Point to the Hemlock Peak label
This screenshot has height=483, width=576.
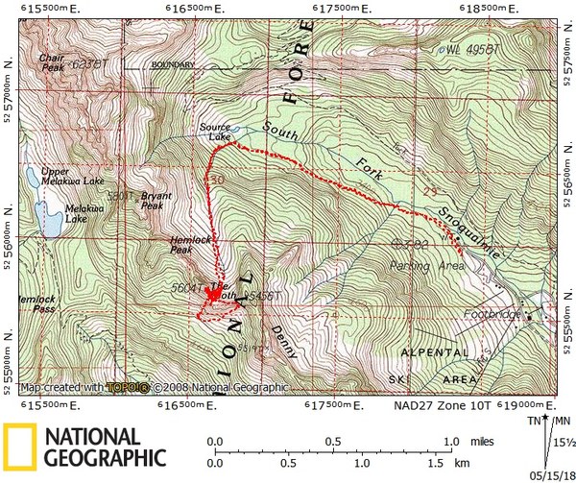coord(161,246)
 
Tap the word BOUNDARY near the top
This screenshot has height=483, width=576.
coord(174,65)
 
